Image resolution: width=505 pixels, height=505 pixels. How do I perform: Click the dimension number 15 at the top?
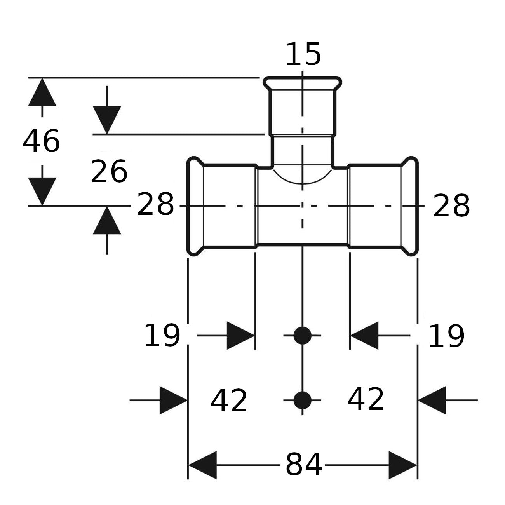[x=303, y=54]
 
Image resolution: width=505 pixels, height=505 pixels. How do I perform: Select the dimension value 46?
[x=42, y=141]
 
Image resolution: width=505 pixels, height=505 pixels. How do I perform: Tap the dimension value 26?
[x=109, y=172]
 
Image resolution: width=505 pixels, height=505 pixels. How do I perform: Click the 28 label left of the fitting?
[x=155, y=204]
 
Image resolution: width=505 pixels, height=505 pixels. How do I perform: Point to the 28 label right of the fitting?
[x=451, y=206]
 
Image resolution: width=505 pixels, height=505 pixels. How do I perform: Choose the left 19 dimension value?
[x=162, y=336]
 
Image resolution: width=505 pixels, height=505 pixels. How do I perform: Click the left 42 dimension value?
[x=229, y=401]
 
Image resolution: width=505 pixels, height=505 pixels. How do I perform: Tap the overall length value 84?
[x=304, y=465]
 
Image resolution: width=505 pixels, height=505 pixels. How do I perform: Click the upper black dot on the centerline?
[x=303, y=336]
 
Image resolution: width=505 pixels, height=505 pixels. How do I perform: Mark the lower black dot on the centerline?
[x=303, y=400]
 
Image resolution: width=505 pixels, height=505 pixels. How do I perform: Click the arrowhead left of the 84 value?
[x=202, y=465]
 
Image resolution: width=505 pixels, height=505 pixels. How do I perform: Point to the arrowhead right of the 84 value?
[x=403, y=465]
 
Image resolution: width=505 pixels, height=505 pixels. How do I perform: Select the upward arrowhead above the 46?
[x=42, y=92]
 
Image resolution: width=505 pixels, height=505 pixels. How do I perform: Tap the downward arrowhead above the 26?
[x=107, y=120]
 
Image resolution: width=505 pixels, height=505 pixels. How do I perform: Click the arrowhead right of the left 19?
[x=241, y=336]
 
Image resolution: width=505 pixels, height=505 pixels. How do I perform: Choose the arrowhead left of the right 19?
[x=364, y=336]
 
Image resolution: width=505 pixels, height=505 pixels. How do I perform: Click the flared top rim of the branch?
[x=303, y=78]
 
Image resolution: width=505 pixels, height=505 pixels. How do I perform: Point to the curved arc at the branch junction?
[x=303, y=183]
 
